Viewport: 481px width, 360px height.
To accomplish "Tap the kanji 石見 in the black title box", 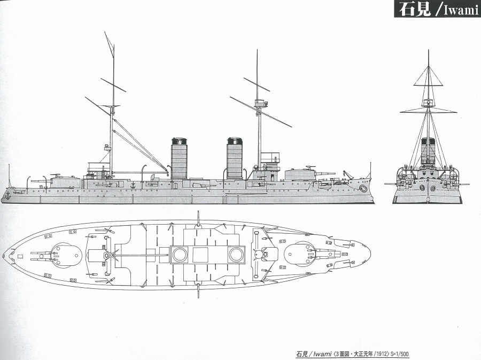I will click(x=414, y=9).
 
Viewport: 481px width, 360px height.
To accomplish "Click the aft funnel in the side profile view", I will click(x=180, y=159).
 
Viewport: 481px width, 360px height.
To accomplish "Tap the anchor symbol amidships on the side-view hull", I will click(x=133, y=185).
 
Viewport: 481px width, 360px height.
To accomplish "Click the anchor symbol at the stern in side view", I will click(x=7, y=195).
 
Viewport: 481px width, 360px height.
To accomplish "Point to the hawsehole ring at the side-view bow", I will click(x=364, y=188).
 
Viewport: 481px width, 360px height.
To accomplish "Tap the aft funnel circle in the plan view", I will click(x=180, y=255).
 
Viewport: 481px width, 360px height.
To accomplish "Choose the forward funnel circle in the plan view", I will click(x=236, y=255).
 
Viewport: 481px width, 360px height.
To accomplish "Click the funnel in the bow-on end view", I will click(x=428, y=151).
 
